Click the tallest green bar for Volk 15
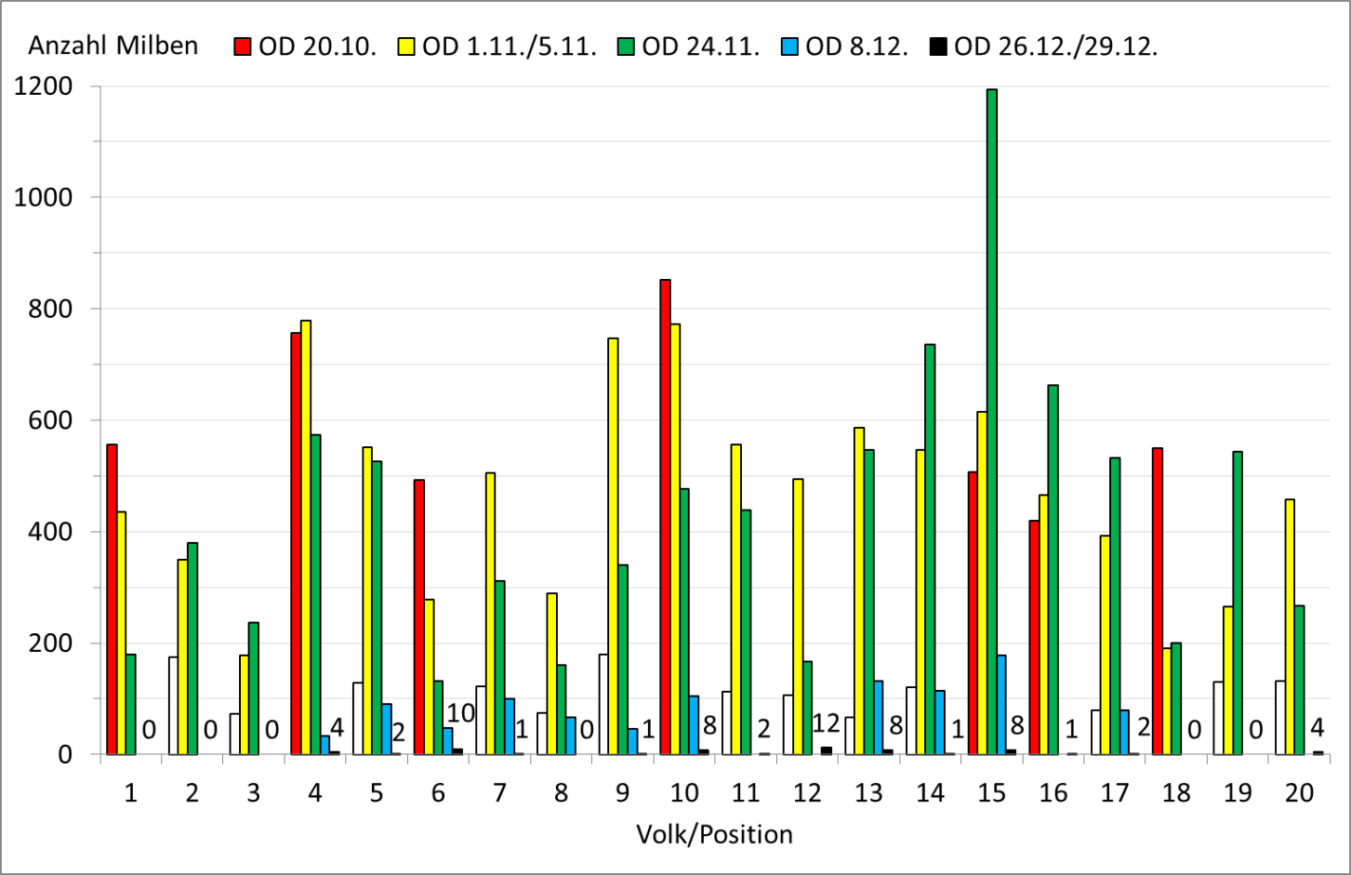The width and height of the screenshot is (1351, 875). coord(991,418)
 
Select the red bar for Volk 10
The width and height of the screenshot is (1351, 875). coord(665,516)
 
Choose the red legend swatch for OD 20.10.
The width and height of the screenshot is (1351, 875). coord(243,46)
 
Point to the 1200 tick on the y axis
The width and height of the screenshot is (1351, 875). coord(43,86)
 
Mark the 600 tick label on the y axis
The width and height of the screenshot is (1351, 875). coord(43,420)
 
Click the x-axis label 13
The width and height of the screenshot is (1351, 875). coord(868,792)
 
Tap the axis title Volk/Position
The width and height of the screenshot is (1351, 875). coord(714,834)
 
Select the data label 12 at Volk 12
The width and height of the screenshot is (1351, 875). coord(826,723)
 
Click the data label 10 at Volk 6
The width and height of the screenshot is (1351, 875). coord(460,713)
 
